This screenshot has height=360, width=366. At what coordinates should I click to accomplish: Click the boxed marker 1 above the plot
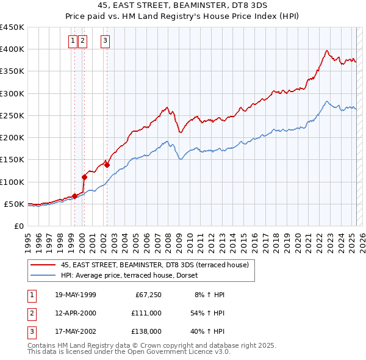[73, 41]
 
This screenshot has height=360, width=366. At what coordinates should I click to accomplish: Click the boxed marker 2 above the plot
[82, 41]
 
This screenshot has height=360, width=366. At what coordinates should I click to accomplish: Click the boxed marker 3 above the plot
[105, 41]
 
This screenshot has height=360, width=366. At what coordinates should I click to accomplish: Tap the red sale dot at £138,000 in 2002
[107, 165]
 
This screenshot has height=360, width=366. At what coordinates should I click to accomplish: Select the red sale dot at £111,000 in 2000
[84, 177]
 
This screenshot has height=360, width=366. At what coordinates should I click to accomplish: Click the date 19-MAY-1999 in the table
[75, 295]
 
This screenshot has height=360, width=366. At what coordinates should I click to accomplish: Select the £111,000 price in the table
[146, 313]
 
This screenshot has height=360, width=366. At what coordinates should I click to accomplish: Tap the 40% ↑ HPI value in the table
[209, 331]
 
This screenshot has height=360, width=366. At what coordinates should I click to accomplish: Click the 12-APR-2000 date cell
[75, 313]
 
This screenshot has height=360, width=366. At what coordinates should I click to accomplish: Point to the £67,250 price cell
[147, 295]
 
